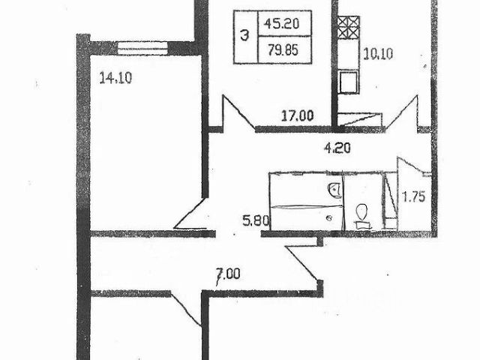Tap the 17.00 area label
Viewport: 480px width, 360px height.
pos(296,116)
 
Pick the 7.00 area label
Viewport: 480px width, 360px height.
pos(226,274)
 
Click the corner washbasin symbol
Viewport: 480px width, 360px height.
pos(331,187)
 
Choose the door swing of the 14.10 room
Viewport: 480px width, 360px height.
pos(192,214)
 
